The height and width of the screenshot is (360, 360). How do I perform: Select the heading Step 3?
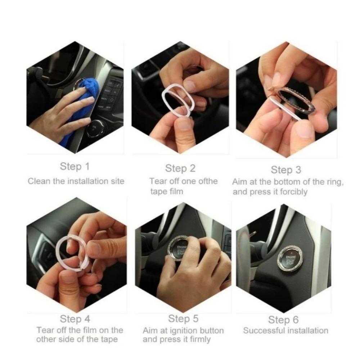pyautogui.click(x=286, y=170)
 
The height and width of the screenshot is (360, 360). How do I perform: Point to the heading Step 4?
pyautogui.click(x=75, y=319)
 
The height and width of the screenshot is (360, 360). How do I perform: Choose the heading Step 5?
pyautogui.click(x=183, y=319)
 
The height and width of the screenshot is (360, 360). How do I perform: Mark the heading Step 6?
pyautogui.click(x=283, y=320)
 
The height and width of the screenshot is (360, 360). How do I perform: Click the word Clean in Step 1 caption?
pyautogui.click(x=39, y=181)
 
